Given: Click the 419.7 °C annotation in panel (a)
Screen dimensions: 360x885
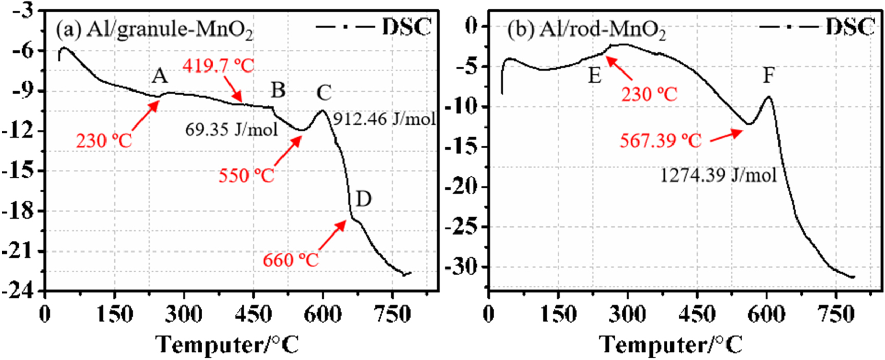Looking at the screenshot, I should point(218,66).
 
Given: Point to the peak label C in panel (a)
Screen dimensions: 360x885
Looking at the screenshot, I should point(324,94).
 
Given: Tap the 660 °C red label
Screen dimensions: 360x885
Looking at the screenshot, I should point(291,260).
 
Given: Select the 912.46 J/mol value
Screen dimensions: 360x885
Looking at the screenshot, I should point(384,119).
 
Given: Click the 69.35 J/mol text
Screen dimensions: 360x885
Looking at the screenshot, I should point(232,129).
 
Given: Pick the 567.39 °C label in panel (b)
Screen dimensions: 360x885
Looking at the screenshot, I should point(661,140).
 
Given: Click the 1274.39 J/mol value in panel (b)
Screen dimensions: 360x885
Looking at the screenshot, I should point(718,175).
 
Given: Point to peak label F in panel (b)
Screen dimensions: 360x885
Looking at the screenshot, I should point(768,76).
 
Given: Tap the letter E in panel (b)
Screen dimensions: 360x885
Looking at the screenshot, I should point(594,76).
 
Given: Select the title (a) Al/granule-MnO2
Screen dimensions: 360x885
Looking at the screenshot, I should point(154,30).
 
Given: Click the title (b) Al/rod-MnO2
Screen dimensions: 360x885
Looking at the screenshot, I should point(587,30).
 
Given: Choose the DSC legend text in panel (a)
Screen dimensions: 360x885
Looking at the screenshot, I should point(406,27).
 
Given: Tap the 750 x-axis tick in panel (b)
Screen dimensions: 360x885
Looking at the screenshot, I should point(836,314).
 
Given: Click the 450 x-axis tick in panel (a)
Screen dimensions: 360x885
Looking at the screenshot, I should point(253,314).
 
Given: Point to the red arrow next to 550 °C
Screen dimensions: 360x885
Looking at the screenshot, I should point(287,151).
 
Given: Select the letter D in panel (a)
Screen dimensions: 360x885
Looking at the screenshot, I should point(363,199).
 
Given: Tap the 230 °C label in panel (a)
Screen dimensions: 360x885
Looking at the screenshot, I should point(104,140).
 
